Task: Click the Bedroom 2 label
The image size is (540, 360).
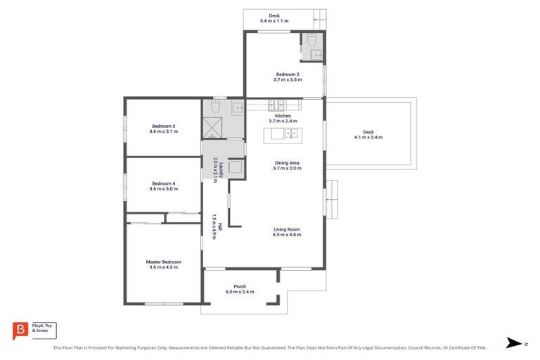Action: [x=288, y=74]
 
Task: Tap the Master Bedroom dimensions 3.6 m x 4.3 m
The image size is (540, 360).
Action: [x=163, y=267]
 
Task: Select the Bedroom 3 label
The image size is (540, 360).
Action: [x=163, y=126]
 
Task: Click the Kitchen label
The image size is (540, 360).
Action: [x=283, y=116]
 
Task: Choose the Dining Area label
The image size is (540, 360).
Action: [x=287, y=163]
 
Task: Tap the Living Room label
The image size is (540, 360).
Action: [x=287, y=229]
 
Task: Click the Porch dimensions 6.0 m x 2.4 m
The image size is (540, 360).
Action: [x=240, y=292]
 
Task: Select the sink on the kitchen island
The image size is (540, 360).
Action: [x=290, y=132]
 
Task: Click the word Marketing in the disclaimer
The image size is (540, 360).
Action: [x=173, y=347]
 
